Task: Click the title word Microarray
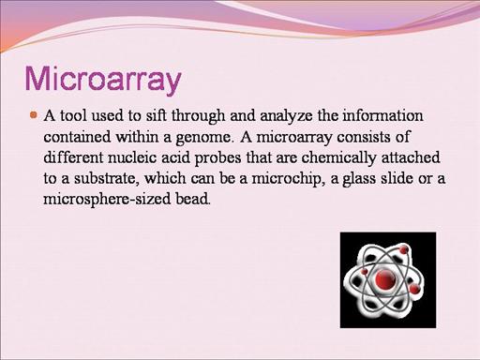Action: [103, 79]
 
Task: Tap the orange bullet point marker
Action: [34, 115]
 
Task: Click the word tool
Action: [73, 115]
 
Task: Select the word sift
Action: [155, 115]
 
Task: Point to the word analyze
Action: [286, 116]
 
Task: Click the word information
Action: [382, 115]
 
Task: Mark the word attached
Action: [411, 157]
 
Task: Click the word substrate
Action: [107, 178]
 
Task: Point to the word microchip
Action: [287, 179]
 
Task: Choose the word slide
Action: [397, 178]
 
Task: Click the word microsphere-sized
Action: [107, 200]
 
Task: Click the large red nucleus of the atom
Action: [384, 278]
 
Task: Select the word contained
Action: [77, 137]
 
